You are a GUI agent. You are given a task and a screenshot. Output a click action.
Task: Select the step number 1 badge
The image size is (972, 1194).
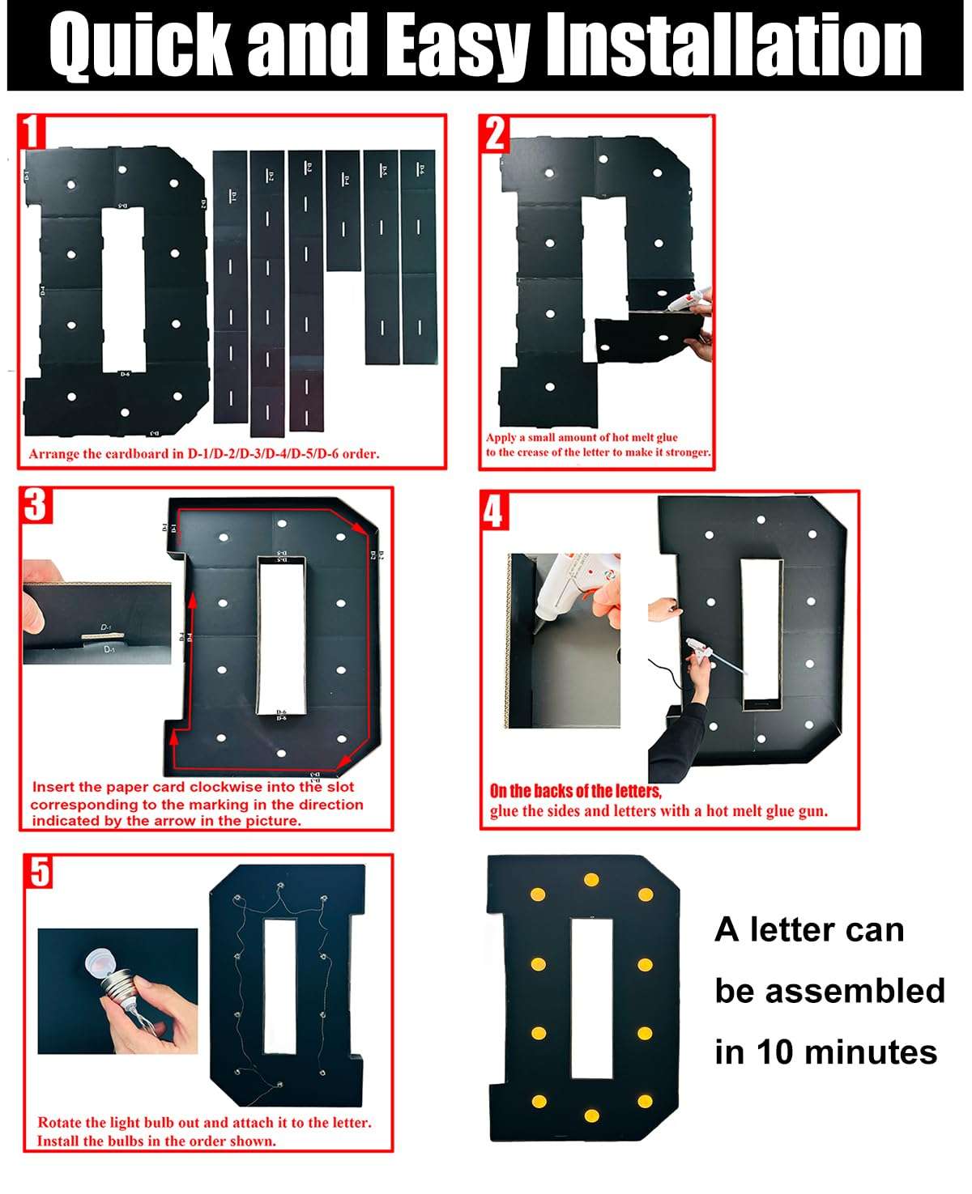pyautogui.click(x=31, y=132)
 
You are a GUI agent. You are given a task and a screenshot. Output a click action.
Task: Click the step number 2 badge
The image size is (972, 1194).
pyautogui.click(x=495, y=134)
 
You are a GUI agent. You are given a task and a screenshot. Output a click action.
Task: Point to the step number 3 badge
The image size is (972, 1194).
pyautogui.click(x=36, y=505)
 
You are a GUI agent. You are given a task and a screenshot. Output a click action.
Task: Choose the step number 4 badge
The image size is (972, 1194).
pyautogui.click(x=494, y=511)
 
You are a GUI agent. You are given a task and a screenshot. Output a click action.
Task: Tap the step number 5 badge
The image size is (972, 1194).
pyautogui.click(x=40, y=873)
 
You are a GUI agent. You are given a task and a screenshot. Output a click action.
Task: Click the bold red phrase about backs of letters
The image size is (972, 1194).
pyautogui.click(x=575, y=792)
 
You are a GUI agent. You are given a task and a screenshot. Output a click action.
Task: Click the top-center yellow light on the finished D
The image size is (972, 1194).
pyautogui.click(x=591, y=879)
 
